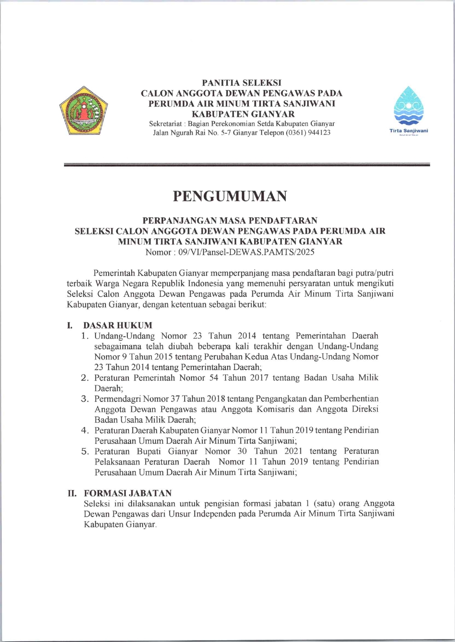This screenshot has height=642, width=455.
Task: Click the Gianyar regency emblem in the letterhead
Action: point(83,110)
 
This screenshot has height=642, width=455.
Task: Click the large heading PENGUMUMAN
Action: point(230,196)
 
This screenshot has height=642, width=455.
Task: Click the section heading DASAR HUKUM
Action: point(118,325)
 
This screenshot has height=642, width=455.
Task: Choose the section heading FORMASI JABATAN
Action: point(128,493)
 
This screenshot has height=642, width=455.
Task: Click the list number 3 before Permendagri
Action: point(85,398)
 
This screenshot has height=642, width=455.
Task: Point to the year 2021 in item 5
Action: point(293,451)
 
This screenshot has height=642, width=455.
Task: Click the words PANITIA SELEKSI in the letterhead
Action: point(241,83)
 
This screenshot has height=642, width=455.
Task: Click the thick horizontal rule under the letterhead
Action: point(247,165)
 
